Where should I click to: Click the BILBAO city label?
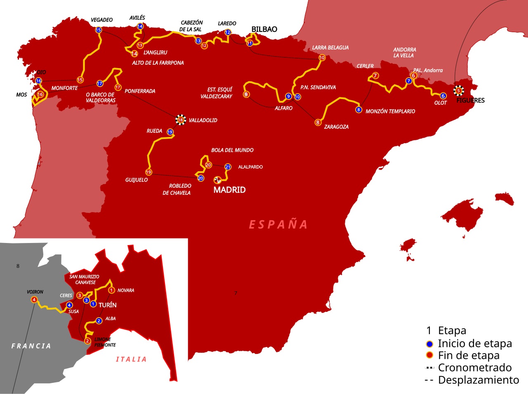[x=264, y=29]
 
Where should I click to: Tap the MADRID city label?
[x=229, y=190]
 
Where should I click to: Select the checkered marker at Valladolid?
[x=180, y=120]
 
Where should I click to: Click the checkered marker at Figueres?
[x=458, y=91]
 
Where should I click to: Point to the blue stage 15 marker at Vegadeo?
[x=98, y=30]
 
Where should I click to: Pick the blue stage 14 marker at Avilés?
[x=140, y=26]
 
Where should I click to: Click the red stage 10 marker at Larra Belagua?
[x=322, y=58]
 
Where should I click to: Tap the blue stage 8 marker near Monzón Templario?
[x=359, y=110]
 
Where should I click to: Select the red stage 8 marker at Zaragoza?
[x=318, y=123]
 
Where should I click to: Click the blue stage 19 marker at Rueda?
[x=170, y=132]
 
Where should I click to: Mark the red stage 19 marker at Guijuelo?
[x=148, y=172]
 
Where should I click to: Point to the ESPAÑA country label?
[x=278, y=224]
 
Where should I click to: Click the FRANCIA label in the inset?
[x=31, y=346]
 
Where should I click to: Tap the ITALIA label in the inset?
[x=131, y=359]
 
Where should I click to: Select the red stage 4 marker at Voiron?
[x=34, y=300]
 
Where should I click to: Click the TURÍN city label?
[x=107, y=305]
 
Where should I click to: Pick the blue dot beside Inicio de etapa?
[x=429, y=344]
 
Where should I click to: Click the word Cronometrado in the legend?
[x=474, y=368]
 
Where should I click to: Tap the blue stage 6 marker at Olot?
[x=443, y=96]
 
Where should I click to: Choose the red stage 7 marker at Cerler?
[x=375, y=75]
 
